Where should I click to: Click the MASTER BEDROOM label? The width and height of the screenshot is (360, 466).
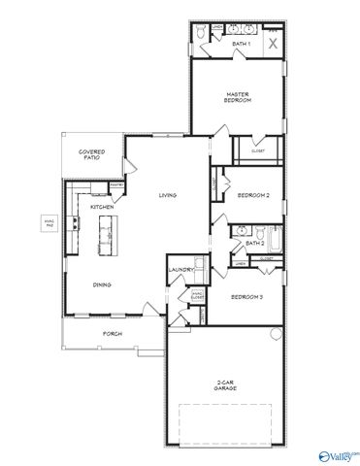tap(239, 97)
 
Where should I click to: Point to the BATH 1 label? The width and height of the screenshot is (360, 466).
tap(241, 45)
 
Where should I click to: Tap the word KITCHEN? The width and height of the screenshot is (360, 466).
tap(102, 207)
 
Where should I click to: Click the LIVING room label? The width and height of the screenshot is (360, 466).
tap(168, 196)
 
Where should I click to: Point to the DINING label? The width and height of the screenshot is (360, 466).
tap(101, 284)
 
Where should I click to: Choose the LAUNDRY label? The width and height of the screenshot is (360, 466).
tap(180, 270)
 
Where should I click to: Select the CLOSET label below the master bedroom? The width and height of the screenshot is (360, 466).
tap(257, 150)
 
